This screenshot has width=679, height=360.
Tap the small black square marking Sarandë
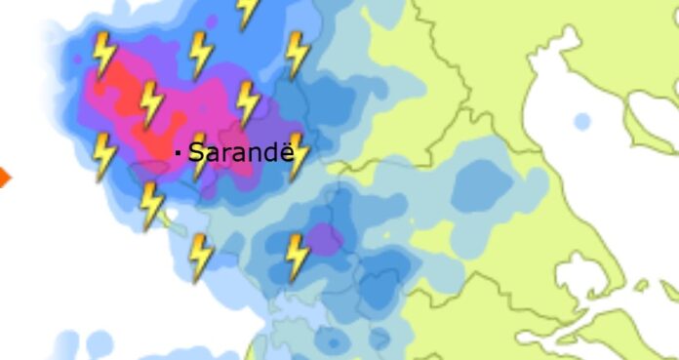[178, 152]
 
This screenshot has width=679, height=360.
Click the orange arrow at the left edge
[4, 177]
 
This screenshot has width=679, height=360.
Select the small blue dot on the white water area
[581, 122]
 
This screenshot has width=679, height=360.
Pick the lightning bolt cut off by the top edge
[248, 11]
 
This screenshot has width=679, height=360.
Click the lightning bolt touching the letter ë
[298, 156]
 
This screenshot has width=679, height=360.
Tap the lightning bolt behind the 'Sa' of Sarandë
[199, 156]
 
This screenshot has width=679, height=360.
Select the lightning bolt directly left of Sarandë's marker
[103, 156]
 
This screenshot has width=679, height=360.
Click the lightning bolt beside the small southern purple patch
[297, 258]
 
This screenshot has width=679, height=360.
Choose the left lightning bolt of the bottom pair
[200, 258]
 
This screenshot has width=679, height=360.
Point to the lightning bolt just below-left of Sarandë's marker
[151, 206]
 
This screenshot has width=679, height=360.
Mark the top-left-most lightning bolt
[102, 55]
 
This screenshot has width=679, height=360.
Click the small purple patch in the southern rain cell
[324, 238]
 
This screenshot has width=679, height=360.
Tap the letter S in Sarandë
[196, 152]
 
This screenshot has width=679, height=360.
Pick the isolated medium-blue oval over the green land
[482, 182]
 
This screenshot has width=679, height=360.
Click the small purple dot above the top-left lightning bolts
[212, 20]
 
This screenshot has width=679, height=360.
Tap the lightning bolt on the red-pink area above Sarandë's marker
[150, 104]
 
